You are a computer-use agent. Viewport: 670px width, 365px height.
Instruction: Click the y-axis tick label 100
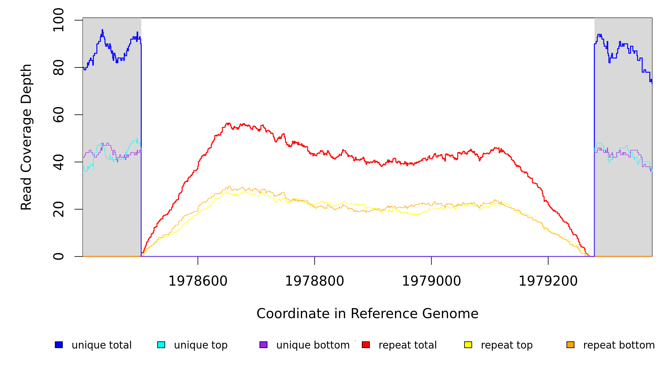(x=58, y=20)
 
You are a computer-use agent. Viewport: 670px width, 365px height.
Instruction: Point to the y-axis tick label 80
(x=58, y=68)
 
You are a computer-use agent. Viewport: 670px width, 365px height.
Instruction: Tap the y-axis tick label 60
(x=58, y=115)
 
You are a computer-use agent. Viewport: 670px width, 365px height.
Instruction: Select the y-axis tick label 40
(x=58, y=162)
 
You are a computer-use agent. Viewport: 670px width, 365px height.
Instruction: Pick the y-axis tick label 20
(x=58, y=209)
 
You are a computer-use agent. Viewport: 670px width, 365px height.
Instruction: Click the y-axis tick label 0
(x=58, y=256)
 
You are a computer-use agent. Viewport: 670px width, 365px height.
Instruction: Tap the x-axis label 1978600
(x=198, y=281)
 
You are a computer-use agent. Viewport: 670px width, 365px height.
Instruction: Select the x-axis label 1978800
(x=315, y=281)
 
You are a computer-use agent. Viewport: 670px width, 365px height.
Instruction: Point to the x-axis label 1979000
(x=432, y=281)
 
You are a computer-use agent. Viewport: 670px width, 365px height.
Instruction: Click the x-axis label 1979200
(x=548, y=281)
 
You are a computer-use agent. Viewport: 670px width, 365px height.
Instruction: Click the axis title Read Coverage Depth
(x=26, y=137)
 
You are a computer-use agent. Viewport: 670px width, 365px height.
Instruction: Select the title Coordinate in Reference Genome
(x=367, y=314)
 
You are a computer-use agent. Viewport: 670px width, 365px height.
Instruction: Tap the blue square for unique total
(x=59, y=345)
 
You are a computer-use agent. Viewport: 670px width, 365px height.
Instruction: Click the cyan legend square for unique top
(x=161, y=345)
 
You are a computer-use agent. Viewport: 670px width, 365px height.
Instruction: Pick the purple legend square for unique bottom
(x=263, y=345)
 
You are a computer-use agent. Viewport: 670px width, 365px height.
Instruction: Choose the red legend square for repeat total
(x=366, y=345)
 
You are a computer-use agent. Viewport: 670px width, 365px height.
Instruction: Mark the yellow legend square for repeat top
(x=468, y=345)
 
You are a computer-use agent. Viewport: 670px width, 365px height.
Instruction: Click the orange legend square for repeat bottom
(x=570, y=345)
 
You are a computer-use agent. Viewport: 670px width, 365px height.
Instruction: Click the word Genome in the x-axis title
(x=455, y=314)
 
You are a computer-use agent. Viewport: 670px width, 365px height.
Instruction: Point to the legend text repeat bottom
(x=619, y=345)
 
